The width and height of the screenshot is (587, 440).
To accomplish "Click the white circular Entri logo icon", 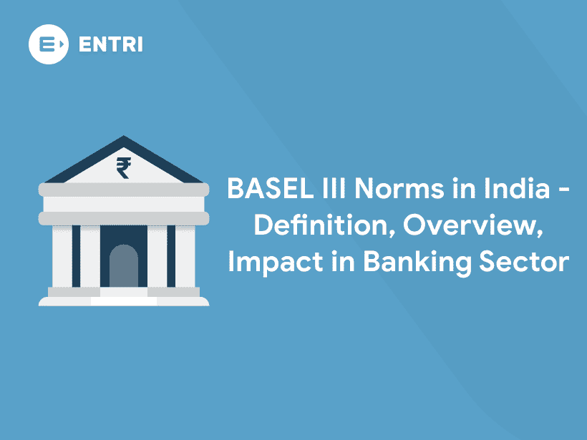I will coord(49,44).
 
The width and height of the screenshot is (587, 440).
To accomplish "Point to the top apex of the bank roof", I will coord(124,138).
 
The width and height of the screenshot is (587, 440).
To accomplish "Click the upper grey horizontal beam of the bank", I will coord(123,190).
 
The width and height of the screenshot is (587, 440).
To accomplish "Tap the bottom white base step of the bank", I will coord(123,301).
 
